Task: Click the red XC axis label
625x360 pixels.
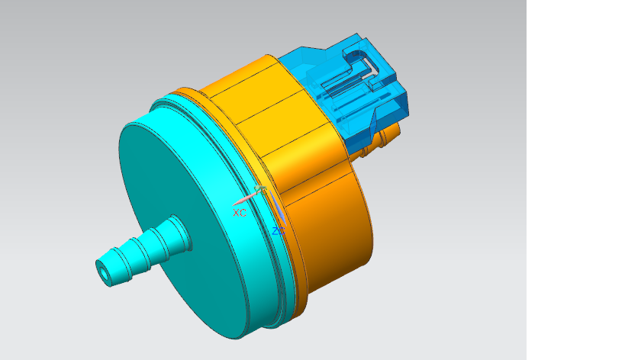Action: click(240, 213)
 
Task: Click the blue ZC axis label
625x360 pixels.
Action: click(279, 230)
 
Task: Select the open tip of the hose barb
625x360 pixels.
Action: click(103, 270)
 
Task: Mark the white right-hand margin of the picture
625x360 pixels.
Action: click(576, 180)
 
